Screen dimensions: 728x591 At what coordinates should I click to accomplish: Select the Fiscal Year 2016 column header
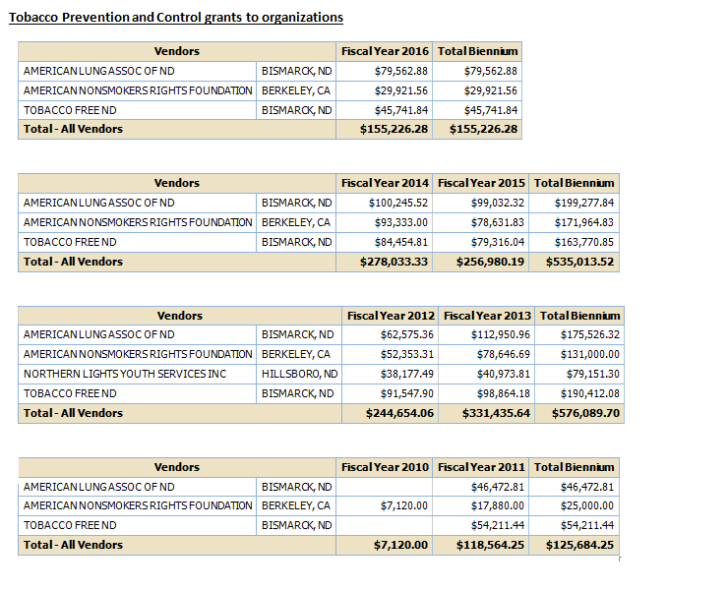[x=385, y=51]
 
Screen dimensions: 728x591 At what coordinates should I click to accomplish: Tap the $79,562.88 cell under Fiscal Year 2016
[x=401, y=71]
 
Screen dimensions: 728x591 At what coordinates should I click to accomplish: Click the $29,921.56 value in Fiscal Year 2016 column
[x=401, y=90]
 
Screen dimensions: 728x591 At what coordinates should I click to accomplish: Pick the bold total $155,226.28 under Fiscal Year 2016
[x=394, y=129]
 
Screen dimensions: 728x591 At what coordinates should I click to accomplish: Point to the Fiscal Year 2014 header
[x=385, y=183]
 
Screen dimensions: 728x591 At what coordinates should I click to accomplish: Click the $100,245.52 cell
[x=397, y=203]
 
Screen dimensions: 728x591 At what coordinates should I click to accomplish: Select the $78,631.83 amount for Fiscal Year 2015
[x=497, y=222]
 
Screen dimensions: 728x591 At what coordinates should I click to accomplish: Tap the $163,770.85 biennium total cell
[x=584, y=242]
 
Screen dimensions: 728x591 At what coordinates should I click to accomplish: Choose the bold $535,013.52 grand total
[x=579, y=262]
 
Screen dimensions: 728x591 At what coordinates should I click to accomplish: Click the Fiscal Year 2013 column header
[x=487, y=316]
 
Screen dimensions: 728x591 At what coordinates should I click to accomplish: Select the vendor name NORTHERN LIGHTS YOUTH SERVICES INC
[x=125, y=374]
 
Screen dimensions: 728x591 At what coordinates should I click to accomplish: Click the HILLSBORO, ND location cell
[x=299, y=374]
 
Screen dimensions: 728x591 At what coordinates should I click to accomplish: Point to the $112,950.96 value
[x=501, y=334]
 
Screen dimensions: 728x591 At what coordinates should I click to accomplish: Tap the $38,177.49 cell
[x=406, y=374]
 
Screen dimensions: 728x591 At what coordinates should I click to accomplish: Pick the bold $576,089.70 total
[x=585, y=413]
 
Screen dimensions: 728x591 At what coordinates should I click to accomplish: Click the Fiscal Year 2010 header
[x=385, y=467]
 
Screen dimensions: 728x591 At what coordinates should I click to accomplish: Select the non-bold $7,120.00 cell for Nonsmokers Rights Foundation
[x=404, y=505]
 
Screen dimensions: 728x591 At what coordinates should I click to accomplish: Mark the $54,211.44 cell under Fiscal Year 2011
[x=497, y=525]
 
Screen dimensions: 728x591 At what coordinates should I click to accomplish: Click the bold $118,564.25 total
[x=490, y=545]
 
